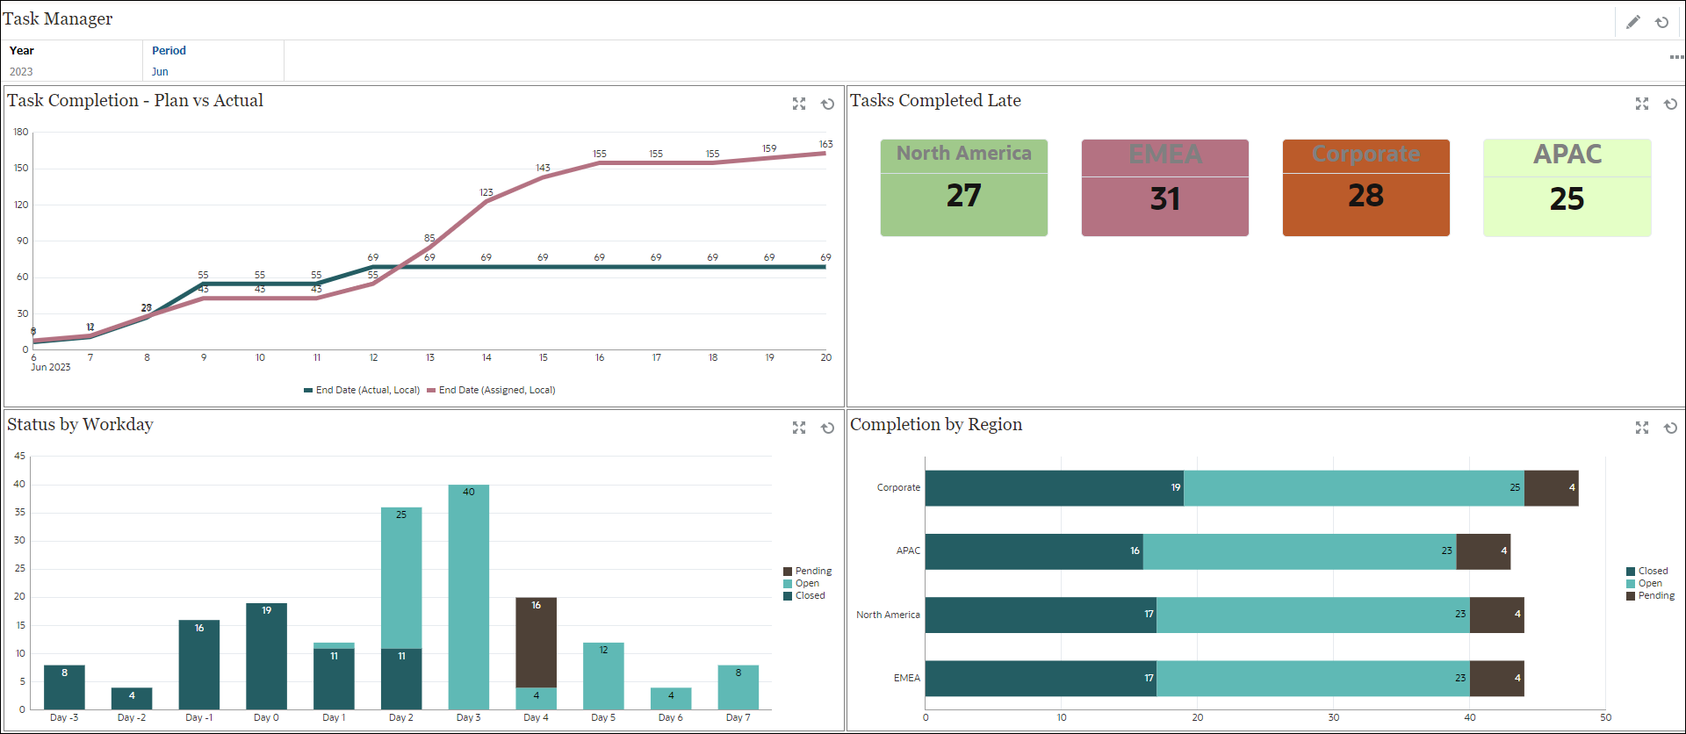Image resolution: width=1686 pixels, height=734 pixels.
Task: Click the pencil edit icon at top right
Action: pyautogui.click(x=1633, y=22)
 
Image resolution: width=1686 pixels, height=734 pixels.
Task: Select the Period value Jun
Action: pyautogui.click(x=160, y=72)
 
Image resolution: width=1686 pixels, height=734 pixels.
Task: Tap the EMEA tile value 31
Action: pyautogui.click(x=1164, y=199)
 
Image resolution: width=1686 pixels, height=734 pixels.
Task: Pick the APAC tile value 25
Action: pyautogui.click(x=1567, y=199)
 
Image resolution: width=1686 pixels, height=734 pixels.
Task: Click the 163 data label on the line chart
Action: pyautogui.click(x=825, y=144)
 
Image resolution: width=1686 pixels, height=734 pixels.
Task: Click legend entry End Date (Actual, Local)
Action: pyautogui.click(x=362, y=390)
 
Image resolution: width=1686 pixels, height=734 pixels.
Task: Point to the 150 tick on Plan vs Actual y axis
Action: pyautogui.click(x=21, y=168)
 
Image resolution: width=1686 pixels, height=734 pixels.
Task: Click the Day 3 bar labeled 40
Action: pyautogui.click(x=468, y=597)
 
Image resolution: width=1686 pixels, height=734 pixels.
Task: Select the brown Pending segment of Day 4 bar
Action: pyautogui.click(x=536, y=643)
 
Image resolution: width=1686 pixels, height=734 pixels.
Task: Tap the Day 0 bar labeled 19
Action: pyautogui.click(x=266, y=657)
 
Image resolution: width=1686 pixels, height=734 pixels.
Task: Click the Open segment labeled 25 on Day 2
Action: pyautogui.click(x=401, y=578)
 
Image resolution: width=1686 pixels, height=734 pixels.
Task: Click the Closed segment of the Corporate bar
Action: pyautogui.click(x=1054, y=488)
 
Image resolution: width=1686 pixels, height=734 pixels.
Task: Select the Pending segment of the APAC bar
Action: pyautogui.click(x=1483, y=551)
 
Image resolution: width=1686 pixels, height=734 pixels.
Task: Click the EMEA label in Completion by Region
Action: pyautogui.click(x=906, y=678)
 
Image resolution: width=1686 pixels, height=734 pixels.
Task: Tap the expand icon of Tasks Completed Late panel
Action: pyautogui.click(x=1642, y=104)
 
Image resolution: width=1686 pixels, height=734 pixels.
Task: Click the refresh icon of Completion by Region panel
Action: pyautogui.click(x=1670, y=428)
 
